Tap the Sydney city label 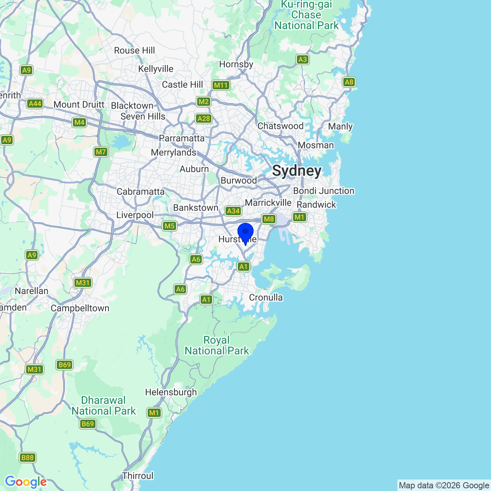click(297, 171)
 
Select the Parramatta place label click(182, 138)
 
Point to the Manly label click(340, 127)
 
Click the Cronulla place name click(266, 297)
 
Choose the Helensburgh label click(171, 392)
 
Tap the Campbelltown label click(80, 308)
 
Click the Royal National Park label click(217, 345)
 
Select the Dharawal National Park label click(104, 405)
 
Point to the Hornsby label click(236, 64)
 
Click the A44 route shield click(35, 104)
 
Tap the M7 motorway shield click(101, 152)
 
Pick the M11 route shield click(221, 85)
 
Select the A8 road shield click(349, 82)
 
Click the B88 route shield click(27, 457)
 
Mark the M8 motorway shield click(269, 219)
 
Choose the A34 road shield click(233, 211)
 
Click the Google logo click(26, 482)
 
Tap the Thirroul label click(138, 476)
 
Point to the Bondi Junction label click(324, 191)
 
